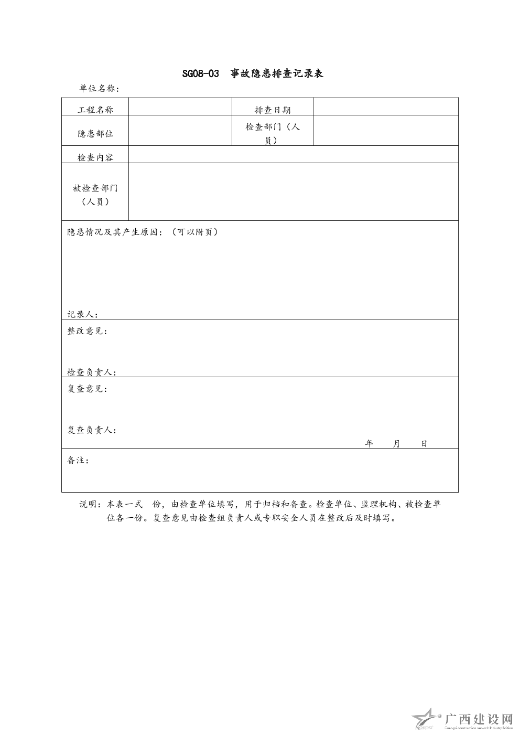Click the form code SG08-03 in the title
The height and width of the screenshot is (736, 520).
pyautogui.click(x=200, y=74)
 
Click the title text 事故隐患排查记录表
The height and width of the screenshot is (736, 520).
pyautogui.click(x=277, y=74)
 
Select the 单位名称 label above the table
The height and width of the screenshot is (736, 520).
pyautogui.click(x=99, y=89)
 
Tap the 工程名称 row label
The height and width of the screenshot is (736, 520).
pyautogui.click(x=95, y=110)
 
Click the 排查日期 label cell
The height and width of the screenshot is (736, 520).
pyautogui.click(x=273, y=110)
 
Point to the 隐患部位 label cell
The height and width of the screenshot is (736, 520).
pyautogui.click(x=95, y=134)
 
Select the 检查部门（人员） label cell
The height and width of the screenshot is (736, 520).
pyautogui.click(x=273, y=134)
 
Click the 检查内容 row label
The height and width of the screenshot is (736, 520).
pyautogui.click(x=95, y=157)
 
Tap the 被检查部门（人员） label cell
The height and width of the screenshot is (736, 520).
pyautogui.click(x=95, y=195)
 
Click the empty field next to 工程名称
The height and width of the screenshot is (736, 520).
pyautogui.click(x=180, y=107)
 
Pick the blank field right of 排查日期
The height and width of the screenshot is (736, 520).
pyautogui.click(x=385, y=107)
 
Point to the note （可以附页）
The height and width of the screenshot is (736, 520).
pyautogui.click(x=194, y=232)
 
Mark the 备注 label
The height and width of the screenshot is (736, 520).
pyautogui.click(x=78, y=461)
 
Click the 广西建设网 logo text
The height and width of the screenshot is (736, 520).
pyautogui.click(x=478, y=719)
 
